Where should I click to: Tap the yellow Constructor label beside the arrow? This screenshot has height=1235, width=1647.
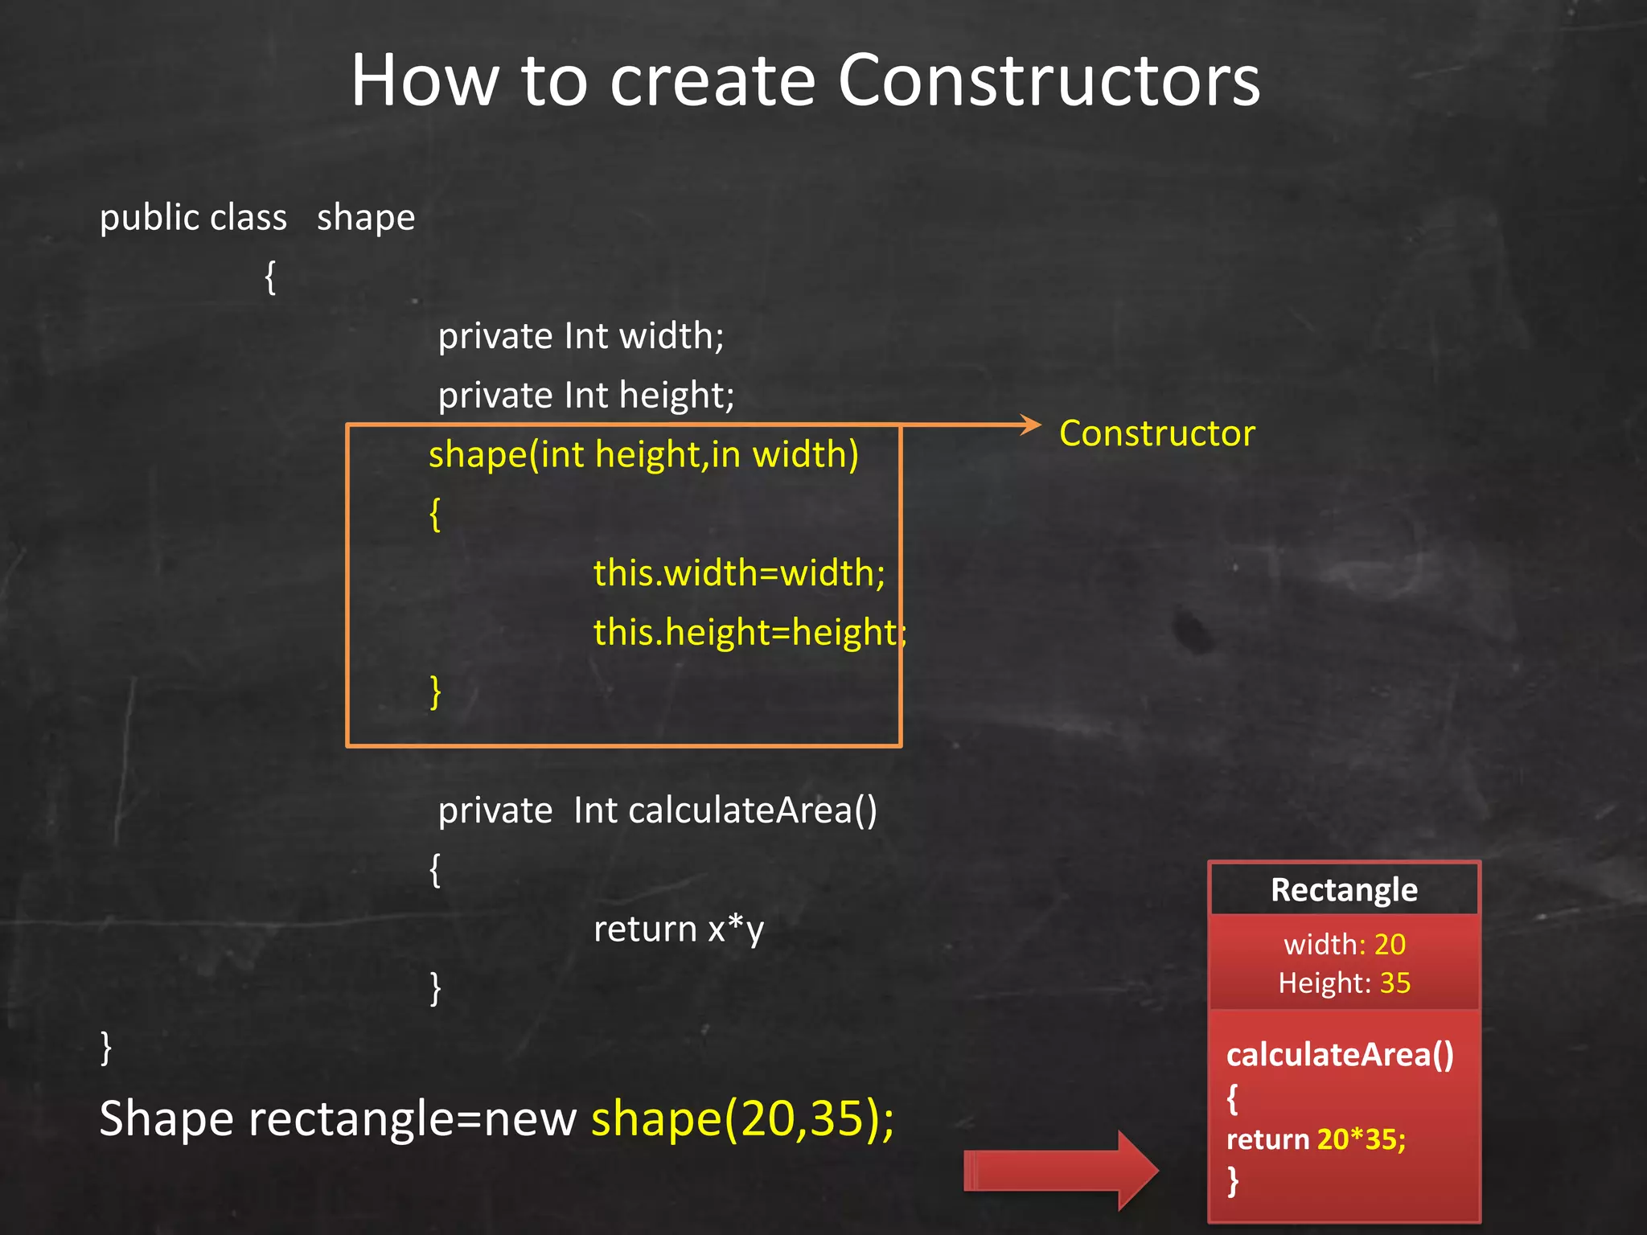1156,433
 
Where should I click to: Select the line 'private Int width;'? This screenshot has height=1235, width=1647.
581,336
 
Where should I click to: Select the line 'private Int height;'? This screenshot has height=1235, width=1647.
585,396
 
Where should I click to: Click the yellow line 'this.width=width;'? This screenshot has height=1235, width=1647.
739,573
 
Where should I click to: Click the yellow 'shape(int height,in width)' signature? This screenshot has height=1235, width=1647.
643,455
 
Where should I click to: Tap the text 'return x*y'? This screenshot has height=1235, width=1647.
678,929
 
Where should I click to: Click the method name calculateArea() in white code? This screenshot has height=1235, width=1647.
753,810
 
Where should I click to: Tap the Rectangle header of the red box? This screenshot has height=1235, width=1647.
1344,890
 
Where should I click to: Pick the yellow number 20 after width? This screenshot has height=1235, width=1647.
1390,945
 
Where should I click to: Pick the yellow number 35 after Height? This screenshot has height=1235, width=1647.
1395,983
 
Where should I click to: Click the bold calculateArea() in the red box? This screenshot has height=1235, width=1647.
1340,1055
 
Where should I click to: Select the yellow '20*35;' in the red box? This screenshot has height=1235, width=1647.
1361,1139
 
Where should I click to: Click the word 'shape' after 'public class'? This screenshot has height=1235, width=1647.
366,218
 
